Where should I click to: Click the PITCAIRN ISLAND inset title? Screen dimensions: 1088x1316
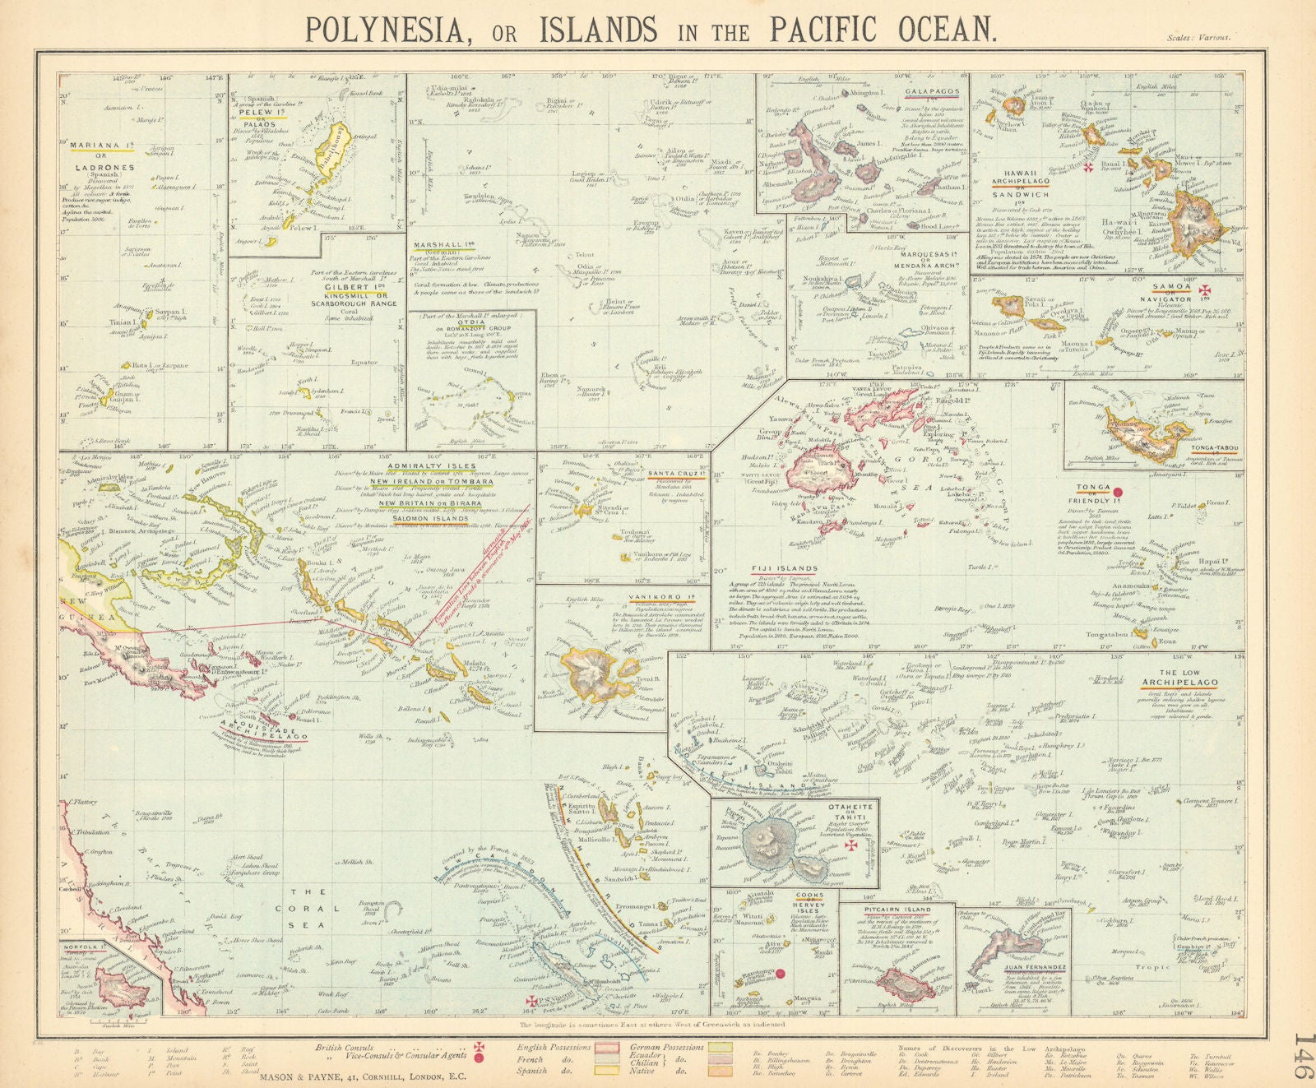click(897, 910)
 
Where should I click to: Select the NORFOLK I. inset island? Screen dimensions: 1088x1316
click(121, 986)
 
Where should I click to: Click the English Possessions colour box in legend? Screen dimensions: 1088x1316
click(607, 1049)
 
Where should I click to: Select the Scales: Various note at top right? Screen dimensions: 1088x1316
click(1198, 38)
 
